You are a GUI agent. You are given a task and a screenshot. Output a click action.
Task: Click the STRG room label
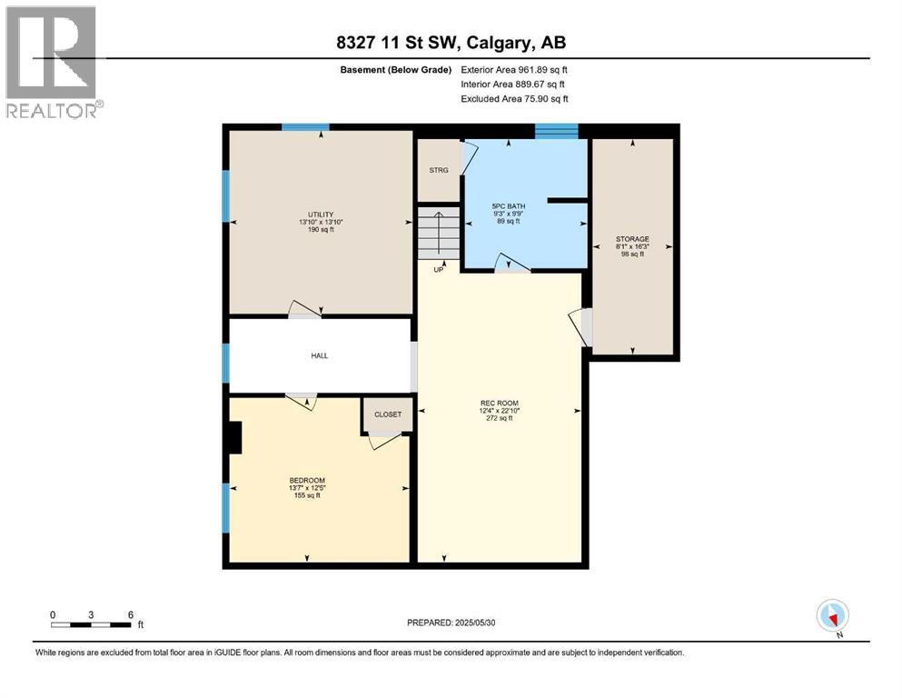[439, 170]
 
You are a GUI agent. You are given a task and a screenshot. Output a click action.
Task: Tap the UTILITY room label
[321, 214]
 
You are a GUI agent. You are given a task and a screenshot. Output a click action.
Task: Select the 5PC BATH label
[509, 206]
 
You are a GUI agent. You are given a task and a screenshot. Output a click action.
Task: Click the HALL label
[319, 355]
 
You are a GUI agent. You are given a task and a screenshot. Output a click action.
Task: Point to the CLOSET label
[388, 414]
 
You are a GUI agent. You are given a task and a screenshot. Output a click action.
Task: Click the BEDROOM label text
[307, 481]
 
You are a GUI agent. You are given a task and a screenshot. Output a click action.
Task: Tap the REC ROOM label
[500, 403]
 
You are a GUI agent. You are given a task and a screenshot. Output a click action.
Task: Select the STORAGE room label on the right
[632, 239]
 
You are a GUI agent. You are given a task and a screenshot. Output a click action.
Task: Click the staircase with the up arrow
[439, 234]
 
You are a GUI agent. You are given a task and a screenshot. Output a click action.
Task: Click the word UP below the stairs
[439, 269]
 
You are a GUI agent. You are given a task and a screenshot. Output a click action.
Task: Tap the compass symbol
[832, 615]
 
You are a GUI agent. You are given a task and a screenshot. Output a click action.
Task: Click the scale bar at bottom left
[92, 624]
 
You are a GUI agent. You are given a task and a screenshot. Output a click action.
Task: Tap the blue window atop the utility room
[305, 127]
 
